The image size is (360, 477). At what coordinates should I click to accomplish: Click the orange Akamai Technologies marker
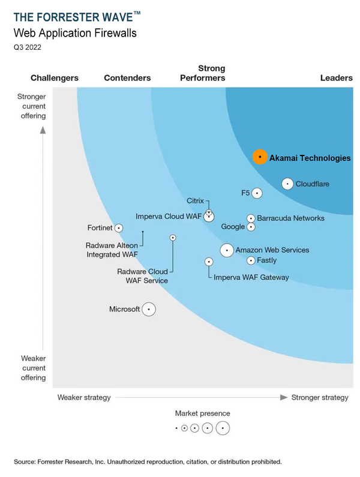point(259,157)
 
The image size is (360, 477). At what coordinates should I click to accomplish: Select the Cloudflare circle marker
point(287,184)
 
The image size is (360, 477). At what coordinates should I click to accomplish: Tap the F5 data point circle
point(257,193)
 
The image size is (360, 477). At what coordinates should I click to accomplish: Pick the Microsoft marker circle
point(149,310)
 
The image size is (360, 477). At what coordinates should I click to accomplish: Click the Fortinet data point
point(119,228)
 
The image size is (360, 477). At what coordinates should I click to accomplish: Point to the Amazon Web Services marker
point(227,250)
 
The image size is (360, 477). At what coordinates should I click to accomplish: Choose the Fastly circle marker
point(251,260)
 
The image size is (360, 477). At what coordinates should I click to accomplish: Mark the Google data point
point(251,227)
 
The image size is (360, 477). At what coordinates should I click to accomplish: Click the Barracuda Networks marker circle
point(251,218)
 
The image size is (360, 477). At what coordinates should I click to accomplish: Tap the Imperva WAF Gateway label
point(251,277)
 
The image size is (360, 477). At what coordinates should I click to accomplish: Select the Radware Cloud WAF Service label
point(142,276)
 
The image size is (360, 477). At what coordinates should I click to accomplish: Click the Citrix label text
point(195,201)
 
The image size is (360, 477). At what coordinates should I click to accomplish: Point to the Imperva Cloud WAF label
point(167,216)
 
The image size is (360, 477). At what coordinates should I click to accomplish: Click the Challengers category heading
point(55,78)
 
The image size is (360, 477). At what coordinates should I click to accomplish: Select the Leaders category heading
point(336,78)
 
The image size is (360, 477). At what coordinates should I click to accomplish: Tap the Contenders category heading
point(127,78)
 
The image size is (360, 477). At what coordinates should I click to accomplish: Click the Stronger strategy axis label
point(319,397)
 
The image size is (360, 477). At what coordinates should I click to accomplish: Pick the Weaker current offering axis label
point(34,367)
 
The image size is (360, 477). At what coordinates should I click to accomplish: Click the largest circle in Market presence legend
point(223,428)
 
